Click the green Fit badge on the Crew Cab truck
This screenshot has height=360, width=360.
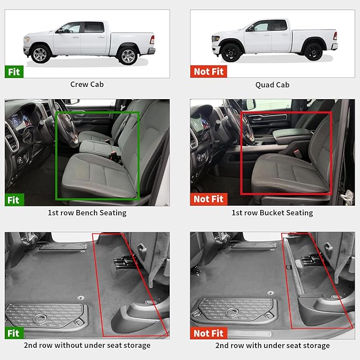coord(14,72)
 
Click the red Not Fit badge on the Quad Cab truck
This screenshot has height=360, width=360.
coord(208,72)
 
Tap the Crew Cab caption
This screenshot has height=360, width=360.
coord(87,84)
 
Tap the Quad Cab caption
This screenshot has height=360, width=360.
coord(272,84)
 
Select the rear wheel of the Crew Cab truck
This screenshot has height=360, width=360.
coord(128,55)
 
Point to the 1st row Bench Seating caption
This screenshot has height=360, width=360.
coord(87,213)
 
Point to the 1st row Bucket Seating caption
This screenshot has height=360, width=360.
coord(272,213)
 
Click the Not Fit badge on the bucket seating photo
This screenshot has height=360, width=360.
coord(208,199)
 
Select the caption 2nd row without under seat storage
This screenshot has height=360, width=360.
coord(87,345)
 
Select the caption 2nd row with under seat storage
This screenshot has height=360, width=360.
coord(272,345)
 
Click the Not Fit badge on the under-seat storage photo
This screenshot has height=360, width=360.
coord(208,333)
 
